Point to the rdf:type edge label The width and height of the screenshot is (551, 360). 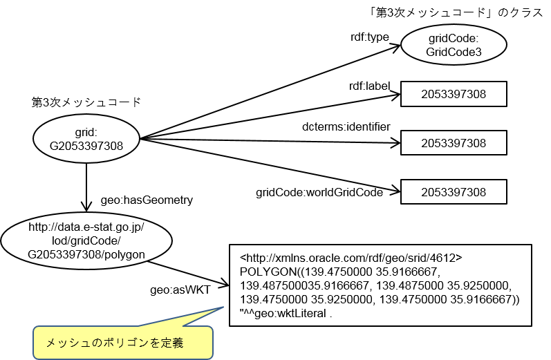pyautogui.click(x=370, y=37)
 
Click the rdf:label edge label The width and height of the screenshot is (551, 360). pyautogui.click(x=369, y=86)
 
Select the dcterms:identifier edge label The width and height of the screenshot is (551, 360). pyautogui.click(x=346, y=126)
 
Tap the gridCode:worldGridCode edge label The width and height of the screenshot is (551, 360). pyautogui.click(x=319, y=193)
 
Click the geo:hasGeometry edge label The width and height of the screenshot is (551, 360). pyautogui.click(x=147, y=200)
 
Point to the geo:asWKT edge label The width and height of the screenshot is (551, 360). pyautogui.click(x=180, y=290)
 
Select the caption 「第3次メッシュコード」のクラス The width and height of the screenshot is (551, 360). pyautogui.click(x=456, y=12)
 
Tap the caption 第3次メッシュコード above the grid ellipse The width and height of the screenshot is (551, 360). pyautogui.click(x=86, y=102)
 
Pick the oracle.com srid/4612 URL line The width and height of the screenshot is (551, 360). pyautogui.click(x=351, y=258)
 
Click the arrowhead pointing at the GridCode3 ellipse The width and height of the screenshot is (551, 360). pyautogui.click(x=396, y=46)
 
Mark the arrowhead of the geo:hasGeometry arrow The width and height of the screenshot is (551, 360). pyautogui.click(x=86, y=206)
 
